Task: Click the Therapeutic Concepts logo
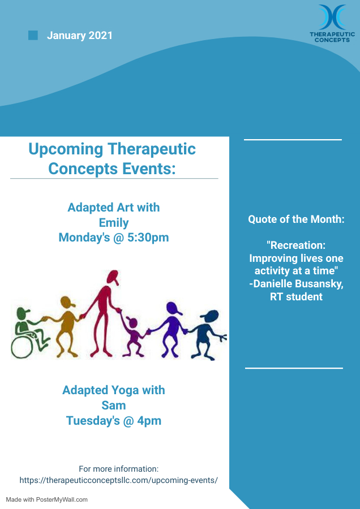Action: coord(332,23)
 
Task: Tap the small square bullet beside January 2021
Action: coord(33,35)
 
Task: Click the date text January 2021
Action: coord(80,35)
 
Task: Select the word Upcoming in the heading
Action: coord(66,150)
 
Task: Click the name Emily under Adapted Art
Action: coord(114,223)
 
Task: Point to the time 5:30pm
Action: coord(148,238)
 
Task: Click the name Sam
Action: coord(114,405)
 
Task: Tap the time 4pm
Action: coord(149,421)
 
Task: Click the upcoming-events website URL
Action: coord(119,480)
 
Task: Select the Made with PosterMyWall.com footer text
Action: coord(47,499)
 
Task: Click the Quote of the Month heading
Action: coord(296,219)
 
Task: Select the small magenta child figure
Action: coord(134,338)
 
